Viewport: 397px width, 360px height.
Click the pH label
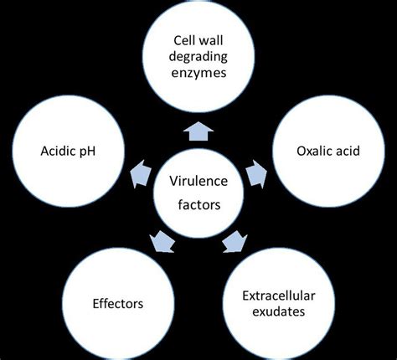(x=90, y=151)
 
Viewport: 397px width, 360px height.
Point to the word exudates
(x=281, y=312)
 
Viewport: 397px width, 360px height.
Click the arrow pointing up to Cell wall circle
(x=198, y=131)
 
